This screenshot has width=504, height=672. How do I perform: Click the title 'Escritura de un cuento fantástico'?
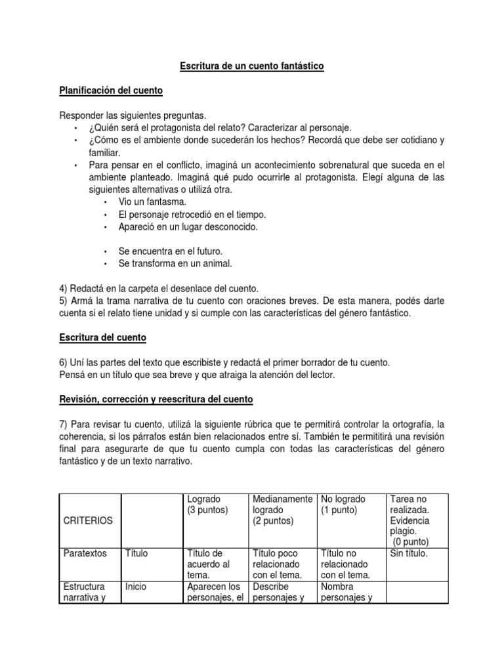tap(252, 66)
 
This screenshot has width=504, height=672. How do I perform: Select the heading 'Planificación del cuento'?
tap(111, 90)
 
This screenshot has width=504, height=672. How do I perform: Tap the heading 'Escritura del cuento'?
tap(103, 337)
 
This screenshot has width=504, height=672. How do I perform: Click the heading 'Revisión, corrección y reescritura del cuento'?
tap(156, 399)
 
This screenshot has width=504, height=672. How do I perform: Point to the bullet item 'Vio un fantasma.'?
tap(152, 201)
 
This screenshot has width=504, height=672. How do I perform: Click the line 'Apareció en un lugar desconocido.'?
tap(188, 226)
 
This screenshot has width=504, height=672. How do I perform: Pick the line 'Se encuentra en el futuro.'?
tap(170, 251)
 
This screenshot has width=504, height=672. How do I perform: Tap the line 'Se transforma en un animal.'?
tap(175, 264)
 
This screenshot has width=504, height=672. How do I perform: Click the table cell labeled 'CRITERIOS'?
tap(88, 520)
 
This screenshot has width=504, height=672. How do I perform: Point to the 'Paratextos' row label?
tap(85, 553)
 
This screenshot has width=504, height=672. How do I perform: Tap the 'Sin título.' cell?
tap(408, 553)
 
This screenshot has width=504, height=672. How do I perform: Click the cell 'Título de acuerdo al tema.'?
tap(209, 564)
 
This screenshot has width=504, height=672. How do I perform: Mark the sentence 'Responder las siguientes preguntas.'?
tap(133, 115)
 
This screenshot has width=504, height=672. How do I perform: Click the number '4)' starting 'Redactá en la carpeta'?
tap(64, 288)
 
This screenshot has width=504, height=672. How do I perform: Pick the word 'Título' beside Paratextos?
tap(136, 553)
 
